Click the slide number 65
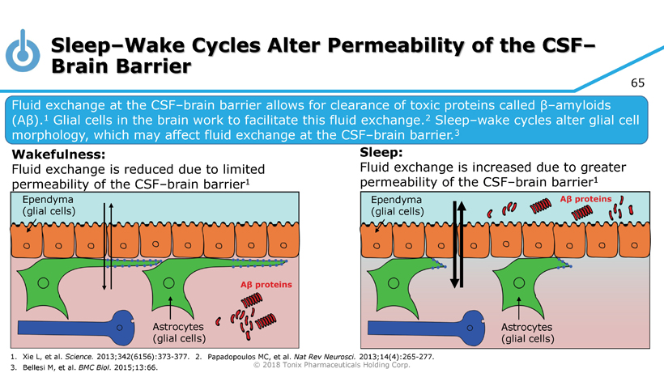641,84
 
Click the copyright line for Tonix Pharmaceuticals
332,364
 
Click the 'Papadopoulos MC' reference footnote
324,356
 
